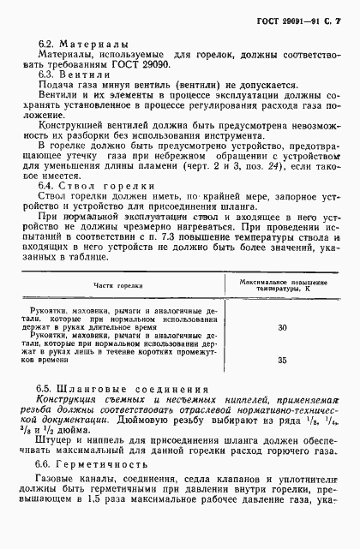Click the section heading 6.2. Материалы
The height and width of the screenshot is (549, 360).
[83, 42]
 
